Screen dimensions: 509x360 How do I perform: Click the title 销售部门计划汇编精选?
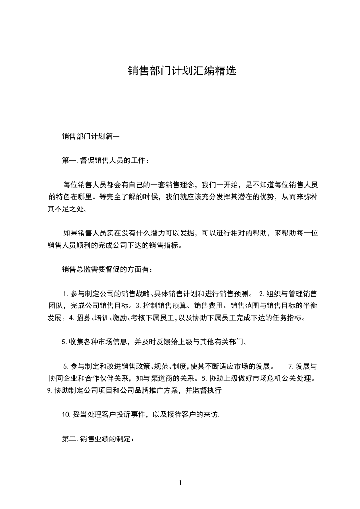click(182, 71)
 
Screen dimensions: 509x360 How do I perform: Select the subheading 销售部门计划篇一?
click(90, 136)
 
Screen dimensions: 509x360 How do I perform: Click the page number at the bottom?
click(180, 483)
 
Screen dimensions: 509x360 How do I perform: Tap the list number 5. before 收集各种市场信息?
click(64, 342)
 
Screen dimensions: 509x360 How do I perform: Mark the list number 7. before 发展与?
click(291, 366)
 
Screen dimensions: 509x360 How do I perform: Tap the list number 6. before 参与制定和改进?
click(66, 366)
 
